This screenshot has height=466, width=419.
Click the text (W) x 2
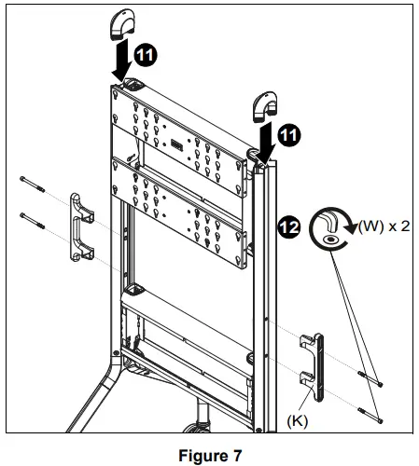point(383,225)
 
